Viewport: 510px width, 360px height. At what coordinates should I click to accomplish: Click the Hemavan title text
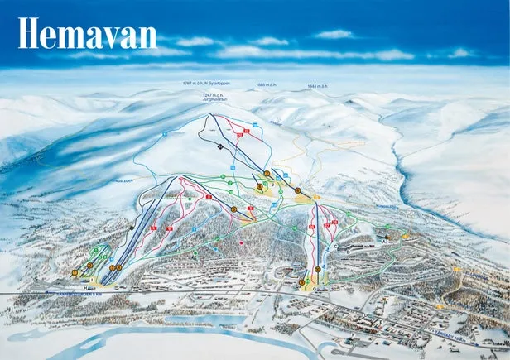point(87,34)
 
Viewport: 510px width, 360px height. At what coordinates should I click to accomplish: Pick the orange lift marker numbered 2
point(89,265)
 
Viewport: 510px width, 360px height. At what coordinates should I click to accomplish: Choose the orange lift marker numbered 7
point(267,173)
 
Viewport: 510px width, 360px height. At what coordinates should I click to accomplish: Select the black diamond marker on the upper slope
point(219,146)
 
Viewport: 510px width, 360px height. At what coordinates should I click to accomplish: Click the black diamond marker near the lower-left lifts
point(131,227)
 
